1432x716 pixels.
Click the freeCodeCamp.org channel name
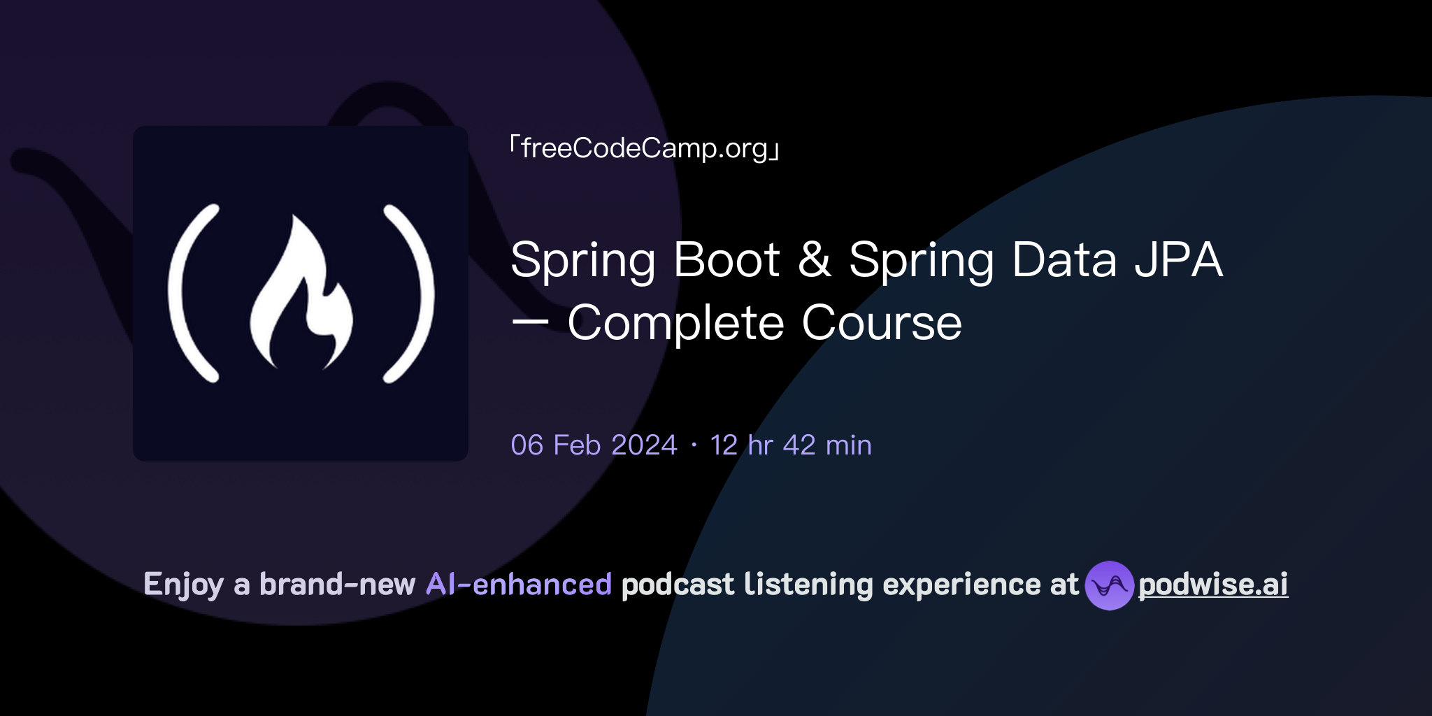tap(645, 148)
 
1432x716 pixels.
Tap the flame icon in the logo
tap(301, 294)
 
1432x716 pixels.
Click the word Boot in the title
tap(726, 260)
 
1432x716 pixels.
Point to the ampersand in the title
tap(815, 260)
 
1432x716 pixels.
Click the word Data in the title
tap(1064, 260)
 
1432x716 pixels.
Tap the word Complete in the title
tap(675, 324)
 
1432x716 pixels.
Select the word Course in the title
tap(882, 324)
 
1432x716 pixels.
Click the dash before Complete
tap(530, 324)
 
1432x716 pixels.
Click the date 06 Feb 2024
tap(594, 445)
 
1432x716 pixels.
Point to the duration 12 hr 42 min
tap(791, 445)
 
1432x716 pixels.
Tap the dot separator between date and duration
tap(694, 445)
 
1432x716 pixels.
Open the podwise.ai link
tap(1213, 585)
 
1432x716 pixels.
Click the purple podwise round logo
tap(1109, 585)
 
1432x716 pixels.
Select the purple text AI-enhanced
tap(519, 585)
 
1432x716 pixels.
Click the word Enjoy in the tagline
tap(183, 585)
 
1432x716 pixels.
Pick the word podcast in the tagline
tap(678, 585)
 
